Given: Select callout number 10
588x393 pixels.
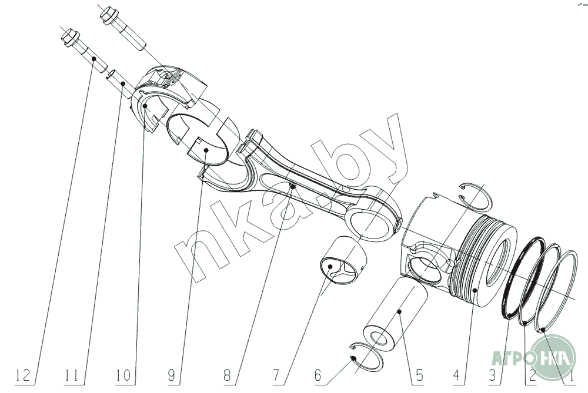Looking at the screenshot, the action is click(x=124, y=374).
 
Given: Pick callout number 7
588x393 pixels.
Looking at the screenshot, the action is click(x=275, y=374).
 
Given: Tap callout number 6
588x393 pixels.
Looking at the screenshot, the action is click(x=318, y=374).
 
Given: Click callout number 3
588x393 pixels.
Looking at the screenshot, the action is click(x=493, y=374).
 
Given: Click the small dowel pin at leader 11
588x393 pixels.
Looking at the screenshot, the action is click(x=117, y=79).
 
